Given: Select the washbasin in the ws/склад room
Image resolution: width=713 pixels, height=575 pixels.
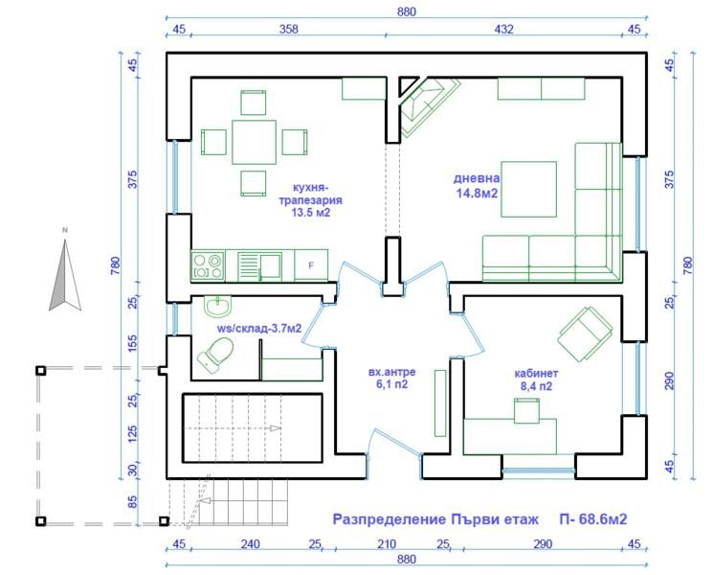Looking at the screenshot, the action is [218, 306].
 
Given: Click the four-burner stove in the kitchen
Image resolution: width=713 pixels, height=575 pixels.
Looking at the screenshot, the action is [208, 265].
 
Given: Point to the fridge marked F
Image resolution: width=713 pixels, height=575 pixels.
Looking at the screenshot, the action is [311, 264].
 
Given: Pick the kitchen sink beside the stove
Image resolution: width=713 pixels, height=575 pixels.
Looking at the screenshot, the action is [259, 265].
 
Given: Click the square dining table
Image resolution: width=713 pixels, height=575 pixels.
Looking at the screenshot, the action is [254, 142].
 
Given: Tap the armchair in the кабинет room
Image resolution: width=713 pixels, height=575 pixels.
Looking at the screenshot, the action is [585, 333].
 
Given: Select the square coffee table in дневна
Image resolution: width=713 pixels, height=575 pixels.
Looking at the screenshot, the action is [529, 189].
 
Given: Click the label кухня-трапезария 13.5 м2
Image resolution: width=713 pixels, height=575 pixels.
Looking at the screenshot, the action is [311, 200].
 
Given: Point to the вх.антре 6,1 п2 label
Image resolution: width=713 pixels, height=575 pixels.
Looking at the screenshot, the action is [391, 379].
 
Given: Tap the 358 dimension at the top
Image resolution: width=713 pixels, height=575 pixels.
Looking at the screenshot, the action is [289, 29].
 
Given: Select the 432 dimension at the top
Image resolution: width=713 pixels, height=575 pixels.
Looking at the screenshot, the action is [503, 29].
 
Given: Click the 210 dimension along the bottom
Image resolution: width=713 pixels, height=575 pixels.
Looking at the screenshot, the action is [387, 544].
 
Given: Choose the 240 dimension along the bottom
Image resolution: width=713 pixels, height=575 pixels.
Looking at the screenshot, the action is [251, 544].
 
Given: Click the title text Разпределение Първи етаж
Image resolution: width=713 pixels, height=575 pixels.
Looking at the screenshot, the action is [435, 519].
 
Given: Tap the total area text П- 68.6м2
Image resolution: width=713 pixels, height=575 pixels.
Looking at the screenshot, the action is [593, 519].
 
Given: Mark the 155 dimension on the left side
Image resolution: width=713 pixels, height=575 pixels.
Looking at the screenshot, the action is [132, 344].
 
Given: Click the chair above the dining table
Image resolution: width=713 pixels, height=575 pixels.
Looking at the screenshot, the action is [254, 103].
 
